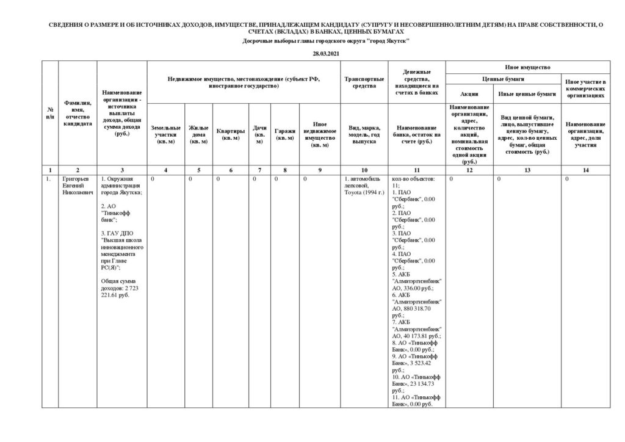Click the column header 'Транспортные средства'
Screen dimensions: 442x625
(x=364, y=82)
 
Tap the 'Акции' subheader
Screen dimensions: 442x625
(x=469, y=94)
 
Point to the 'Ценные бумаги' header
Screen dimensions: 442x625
(x=503, y=79)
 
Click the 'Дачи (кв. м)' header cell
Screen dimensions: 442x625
(x=259, y=134)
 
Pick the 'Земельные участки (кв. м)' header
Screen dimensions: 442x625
(x=165, y=134)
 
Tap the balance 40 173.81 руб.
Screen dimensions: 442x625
(x=419, y=336)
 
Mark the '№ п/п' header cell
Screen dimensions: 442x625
(x=49, y=112)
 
